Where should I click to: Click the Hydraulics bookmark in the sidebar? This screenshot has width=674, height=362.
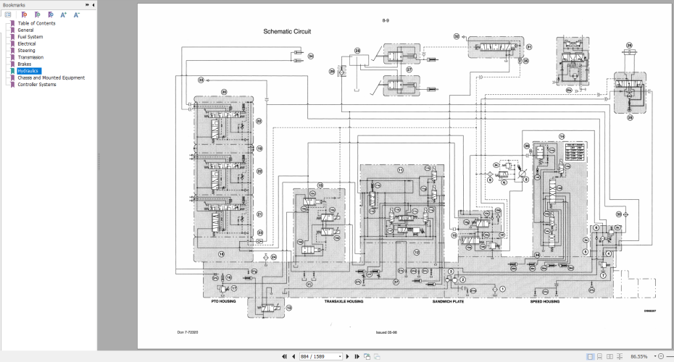29,71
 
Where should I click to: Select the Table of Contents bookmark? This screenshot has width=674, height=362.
36,23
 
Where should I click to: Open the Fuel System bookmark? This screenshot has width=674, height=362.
30,37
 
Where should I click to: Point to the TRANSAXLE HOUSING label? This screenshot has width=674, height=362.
344,301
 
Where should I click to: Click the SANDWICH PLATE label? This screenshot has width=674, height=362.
447,301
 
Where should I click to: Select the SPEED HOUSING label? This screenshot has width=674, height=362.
545,301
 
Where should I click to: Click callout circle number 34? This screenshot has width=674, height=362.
311,56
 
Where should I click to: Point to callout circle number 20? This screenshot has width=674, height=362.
224,92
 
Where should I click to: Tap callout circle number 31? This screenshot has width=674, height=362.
529,47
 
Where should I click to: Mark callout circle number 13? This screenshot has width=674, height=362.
288,307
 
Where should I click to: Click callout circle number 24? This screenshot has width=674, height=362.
273,257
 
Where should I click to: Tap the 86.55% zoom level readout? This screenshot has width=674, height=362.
638,356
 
